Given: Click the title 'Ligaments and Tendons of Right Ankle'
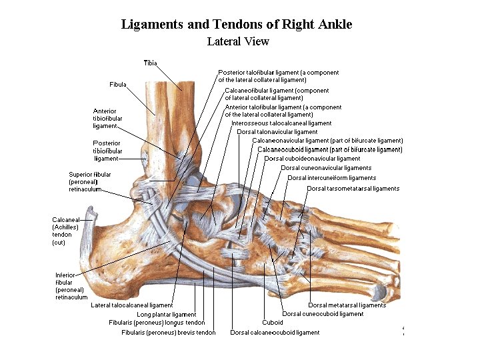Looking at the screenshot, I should click(x=237, y=25).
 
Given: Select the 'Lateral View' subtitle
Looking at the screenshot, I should click(x=238, y=41).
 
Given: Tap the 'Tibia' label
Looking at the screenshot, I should click(x=150, y=63).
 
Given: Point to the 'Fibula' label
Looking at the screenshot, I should click(x=118, y=85).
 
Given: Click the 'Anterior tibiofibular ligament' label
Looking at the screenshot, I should click(x=105, y=118).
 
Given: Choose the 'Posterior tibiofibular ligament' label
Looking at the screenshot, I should click(x=107, y=151).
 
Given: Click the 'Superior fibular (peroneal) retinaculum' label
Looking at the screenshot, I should click(x=90, y=181).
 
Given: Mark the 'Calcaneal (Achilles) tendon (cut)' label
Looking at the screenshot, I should click(x=66, y=231).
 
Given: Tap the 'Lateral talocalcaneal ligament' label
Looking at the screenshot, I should click(x=131, y=305).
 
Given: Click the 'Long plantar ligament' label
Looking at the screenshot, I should click(x=166, y=315).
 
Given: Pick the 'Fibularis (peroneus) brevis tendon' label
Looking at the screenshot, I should click(x=169, y=333).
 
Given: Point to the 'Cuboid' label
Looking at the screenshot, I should click(x=273, y=323).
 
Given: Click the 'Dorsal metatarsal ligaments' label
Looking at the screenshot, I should click(x=347, y=305).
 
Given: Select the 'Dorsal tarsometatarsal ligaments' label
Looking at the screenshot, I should click(x=353, y=189).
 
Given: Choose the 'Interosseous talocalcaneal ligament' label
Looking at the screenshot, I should click(x=281, y=123).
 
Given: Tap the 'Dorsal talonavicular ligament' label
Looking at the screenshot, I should click(x=277, y=132).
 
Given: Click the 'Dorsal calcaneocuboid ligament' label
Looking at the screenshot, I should click(x=275, y=333).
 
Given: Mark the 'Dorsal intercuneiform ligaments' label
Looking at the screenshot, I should click(x=331, y=178).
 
